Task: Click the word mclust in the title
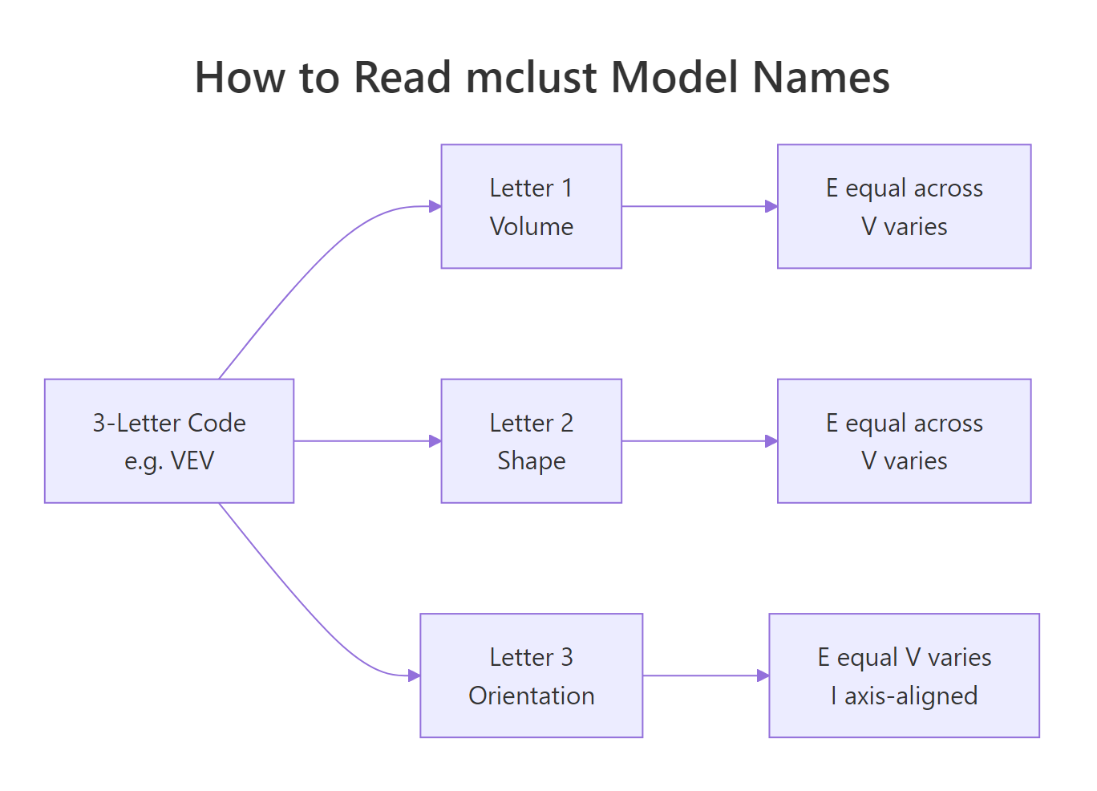(532, 78)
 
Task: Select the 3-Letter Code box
(169, 440)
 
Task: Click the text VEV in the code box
(192, 461)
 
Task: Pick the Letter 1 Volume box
(531, 206)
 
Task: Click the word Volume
(531, 226)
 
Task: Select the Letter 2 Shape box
(531, 440)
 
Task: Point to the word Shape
(531, 461)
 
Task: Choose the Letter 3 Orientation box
(531, 675)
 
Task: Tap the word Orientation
(531, 696)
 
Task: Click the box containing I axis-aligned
(904, 675)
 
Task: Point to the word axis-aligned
(911, 696)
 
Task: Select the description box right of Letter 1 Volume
(904, 206)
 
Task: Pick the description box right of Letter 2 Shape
(904, 440)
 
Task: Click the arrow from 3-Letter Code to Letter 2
(367, 440)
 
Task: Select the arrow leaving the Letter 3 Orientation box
(706, 675)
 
